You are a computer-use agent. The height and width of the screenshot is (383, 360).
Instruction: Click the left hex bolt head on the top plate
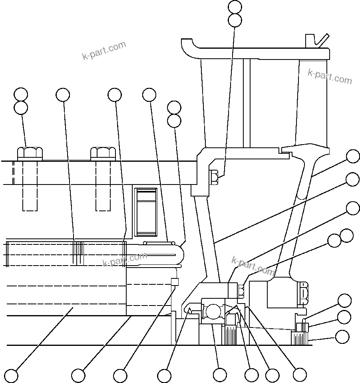[30, 153]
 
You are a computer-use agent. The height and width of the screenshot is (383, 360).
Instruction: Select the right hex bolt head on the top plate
[103, 153]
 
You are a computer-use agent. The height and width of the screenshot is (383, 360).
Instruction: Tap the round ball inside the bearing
[213, 311]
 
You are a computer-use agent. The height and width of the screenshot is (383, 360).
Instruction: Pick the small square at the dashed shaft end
[174, 282]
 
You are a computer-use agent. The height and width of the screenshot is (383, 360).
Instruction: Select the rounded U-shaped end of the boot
[178, 253]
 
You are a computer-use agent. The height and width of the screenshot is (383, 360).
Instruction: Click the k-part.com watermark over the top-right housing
[330, 76]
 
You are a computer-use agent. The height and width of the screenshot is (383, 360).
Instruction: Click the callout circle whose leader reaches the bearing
[220, 375]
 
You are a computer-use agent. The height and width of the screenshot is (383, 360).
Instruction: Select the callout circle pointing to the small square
[120, 375]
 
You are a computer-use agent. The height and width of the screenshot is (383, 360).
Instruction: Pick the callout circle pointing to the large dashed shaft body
[11, 375]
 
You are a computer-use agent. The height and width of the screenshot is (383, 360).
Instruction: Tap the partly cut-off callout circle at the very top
[235, 6]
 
